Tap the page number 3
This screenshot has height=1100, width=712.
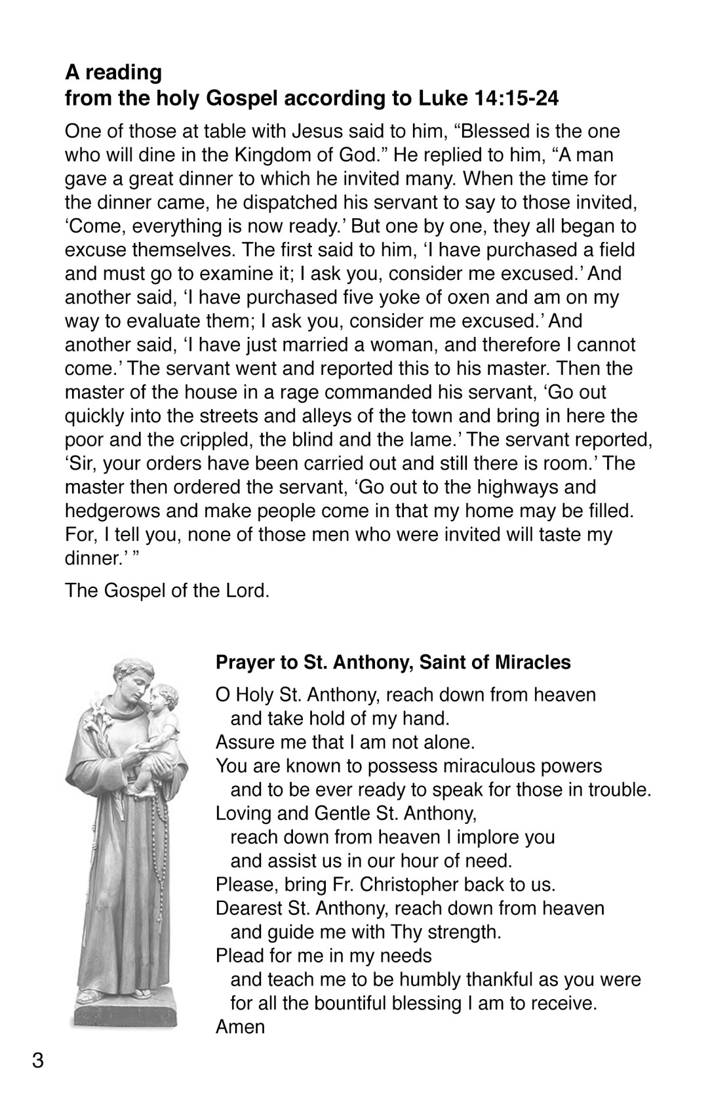[x=38, y=1059]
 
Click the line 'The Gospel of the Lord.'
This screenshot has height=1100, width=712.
[x=167, y=590]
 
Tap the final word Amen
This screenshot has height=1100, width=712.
[x=240, y=1027]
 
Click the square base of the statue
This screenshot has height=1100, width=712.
[x=125, y=1010]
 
